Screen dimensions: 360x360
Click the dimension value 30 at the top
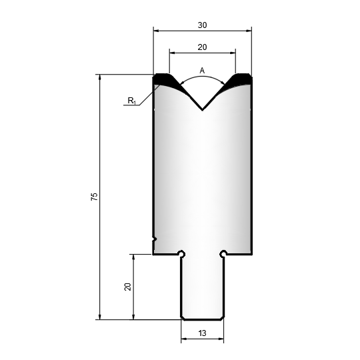202,25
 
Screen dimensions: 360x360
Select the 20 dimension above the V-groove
202,47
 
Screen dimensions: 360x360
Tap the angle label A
202,71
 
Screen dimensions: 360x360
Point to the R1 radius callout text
131,101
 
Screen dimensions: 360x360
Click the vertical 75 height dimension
95,197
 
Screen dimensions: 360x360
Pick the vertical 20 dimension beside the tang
127,287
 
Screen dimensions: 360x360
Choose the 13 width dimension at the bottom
202,333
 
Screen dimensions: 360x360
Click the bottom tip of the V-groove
202,110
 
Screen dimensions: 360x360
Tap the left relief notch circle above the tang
182,253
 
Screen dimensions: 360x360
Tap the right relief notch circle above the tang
223,253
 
